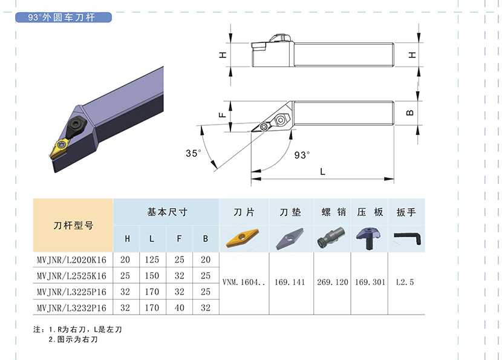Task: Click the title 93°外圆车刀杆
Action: point(62,18)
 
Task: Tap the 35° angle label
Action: point(194,154)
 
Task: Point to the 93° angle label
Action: point(302,155)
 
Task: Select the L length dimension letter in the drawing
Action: point(323,172)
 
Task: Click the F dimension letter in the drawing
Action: point(222,115)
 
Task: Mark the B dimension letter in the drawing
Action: point(410,113)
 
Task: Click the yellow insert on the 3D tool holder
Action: point(60,148)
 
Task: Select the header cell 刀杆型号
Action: point(73,226)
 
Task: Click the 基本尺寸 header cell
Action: point(166,212)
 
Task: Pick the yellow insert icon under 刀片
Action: point(243,238)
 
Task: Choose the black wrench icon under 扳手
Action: point(407,238)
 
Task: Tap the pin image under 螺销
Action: point(331,237)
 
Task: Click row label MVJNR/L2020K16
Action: point(71,260)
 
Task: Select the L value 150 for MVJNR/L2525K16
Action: point(152,276)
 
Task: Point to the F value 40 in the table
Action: point(179,308)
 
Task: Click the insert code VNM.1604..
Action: point(244,282)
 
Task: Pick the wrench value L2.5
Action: point(405,282)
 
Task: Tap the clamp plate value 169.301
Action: point(370,282)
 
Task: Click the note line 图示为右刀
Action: point(73,339)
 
